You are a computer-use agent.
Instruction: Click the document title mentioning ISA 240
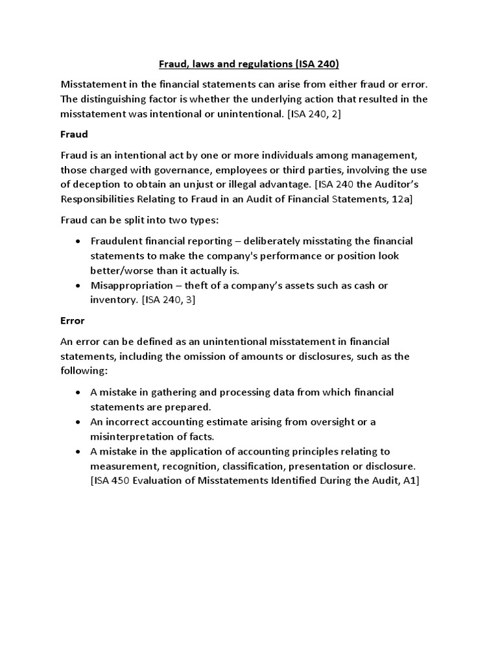point(249,64)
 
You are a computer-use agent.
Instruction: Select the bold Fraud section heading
point(74,134)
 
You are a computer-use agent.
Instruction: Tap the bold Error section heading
point(73,320)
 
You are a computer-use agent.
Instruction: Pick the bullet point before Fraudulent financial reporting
point(78,241)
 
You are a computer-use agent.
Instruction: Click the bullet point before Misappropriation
point(78,285)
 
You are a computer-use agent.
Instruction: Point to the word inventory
point(113,300)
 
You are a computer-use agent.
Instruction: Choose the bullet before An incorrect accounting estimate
point(78,422)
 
